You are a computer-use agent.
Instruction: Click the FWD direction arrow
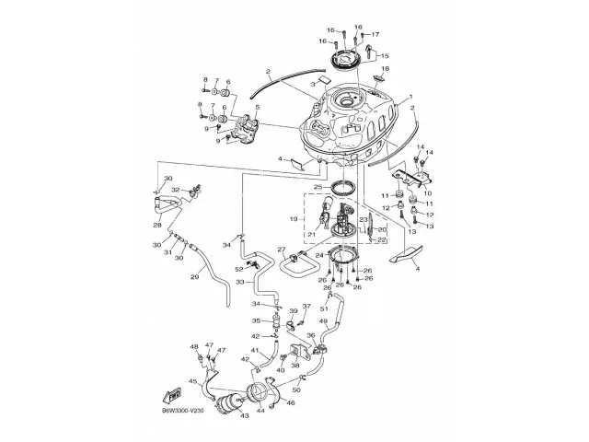point(172,396)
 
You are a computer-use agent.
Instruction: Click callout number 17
point(375,34)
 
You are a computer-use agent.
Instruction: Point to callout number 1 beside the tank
point(410,97)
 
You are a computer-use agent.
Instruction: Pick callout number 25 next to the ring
point(317,187)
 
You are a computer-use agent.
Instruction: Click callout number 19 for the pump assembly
point(294,219)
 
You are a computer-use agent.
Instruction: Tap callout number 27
point(283,249)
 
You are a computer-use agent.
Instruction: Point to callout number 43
point(244,416)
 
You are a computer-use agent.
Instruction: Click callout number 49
point(349,320)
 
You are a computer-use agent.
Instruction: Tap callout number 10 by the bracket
point(427,194)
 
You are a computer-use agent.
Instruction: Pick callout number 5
point(258,108)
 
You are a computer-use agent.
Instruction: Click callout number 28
point(157,225)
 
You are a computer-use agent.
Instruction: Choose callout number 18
point(386,69)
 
